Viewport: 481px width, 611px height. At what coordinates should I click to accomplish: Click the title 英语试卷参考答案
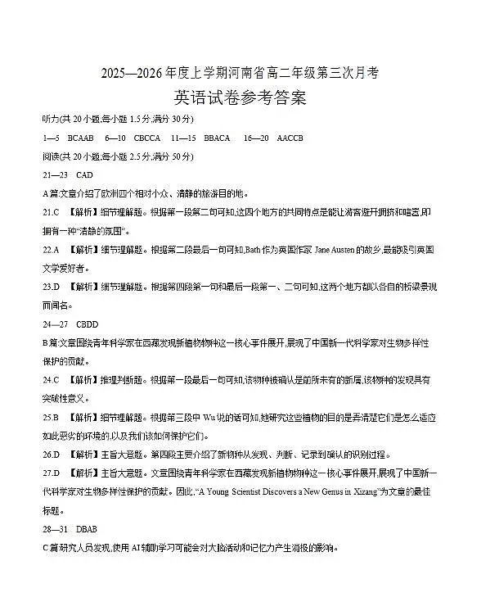pos(240,99)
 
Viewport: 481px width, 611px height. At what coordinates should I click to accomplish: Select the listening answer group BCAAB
pos(81,138)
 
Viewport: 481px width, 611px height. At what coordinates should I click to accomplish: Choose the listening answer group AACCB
pos(290,138)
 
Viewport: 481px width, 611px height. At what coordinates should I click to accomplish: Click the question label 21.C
pos(52,212)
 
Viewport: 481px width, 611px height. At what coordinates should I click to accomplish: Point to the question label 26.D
pos(52,454)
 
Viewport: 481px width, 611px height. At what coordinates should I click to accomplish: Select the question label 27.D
pos(52,473)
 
